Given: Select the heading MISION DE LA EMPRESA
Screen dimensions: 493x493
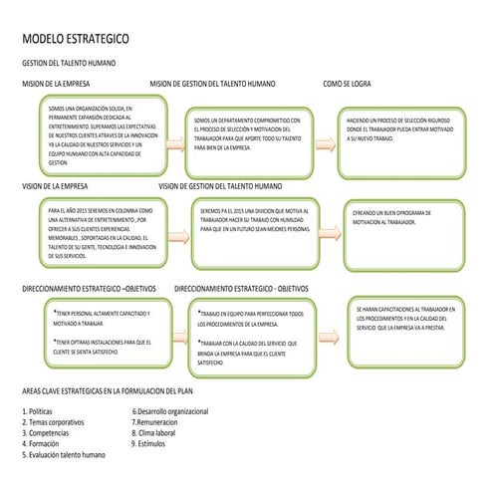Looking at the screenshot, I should click(x=59, y=84).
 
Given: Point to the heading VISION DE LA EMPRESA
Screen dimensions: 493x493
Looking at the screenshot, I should click(x=59, y=185).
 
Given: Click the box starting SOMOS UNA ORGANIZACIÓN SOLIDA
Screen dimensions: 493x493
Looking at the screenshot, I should click(x=101, y=133).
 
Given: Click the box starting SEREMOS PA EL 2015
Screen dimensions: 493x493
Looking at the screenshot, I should click(x=255, y=232).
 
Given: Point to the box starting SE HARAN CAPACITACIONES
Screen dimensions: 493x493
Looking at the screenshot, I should click(x=403, y=328).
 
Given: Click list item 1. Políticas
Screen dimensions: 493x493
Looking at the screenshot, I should click(x=38, y=411).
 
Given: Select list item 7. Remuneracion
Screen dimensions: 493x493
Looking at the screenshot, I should click(x=155, y=422).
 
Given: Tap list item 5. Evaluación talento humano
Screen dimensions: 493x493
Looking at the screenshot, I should click(x=64, y=455).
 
